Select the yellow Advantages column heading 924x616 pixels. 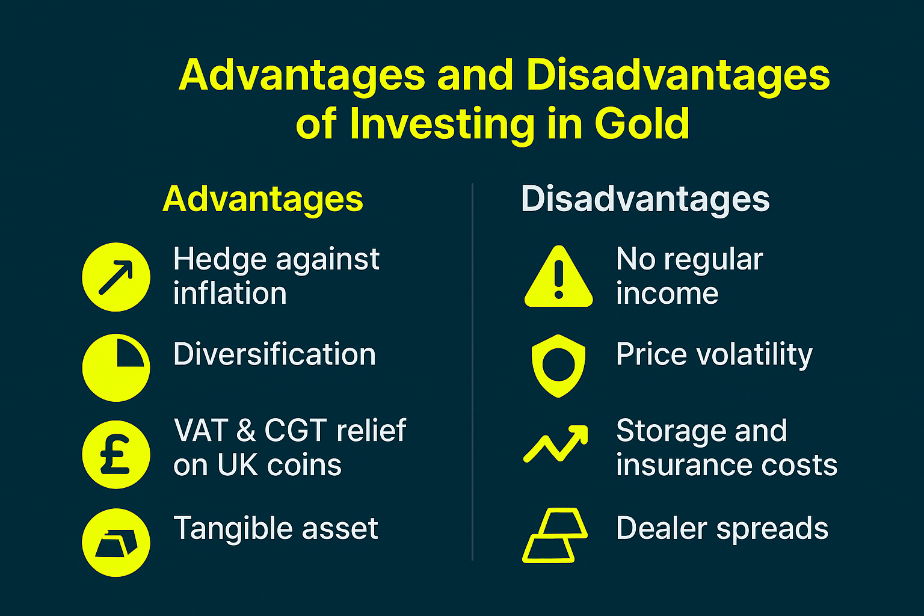click(263, 199)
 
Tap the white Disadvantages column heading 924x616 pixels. click(645, 199)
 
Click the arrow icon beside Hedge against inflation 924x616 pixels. click(116, 277)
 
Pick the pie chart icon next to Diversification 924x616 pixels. click(116, 368)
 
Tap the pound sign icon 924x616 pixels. click(116, 455)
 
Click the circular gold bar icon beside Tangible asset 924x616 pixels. click(116, 543)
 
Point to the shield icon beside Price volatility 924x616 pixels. click(559, 365)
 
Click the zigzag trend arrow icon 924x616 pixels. click(556, 443)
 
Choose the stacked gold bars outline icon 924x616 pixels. click(555, 535)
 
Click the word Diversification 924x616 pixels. click(274, 354)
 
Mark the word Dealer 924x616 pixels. click(661, 529)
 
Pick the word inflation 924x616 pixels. click(230, 294)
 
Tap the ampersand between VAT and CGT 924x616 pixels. click(245, 431)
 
